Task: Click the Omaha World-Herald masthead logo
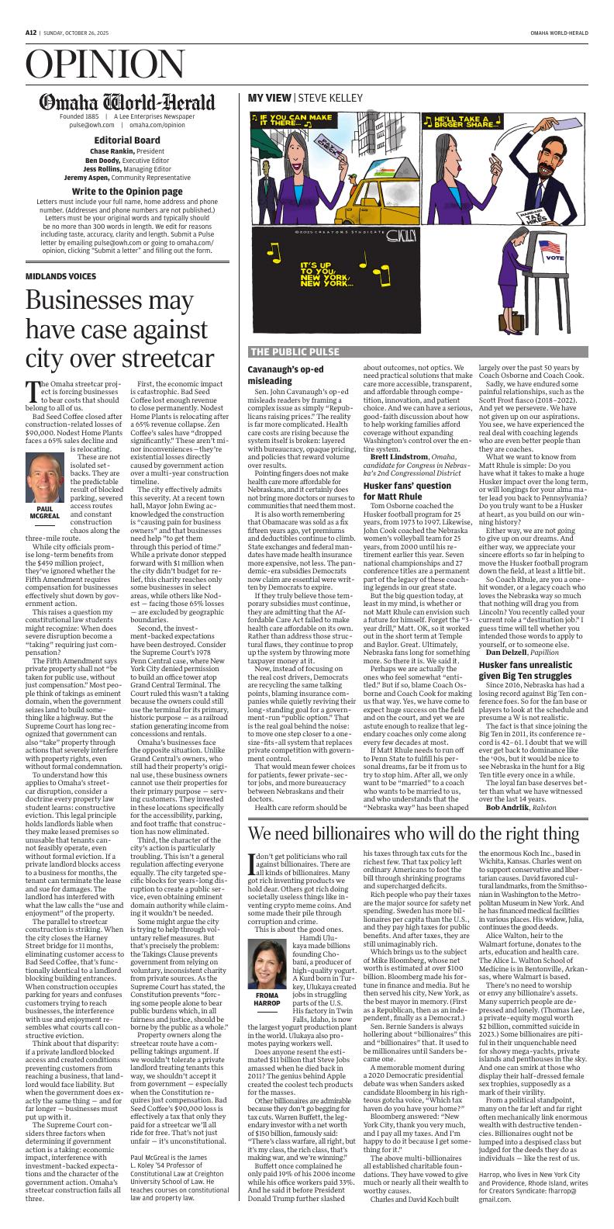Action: pos(128,102)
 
